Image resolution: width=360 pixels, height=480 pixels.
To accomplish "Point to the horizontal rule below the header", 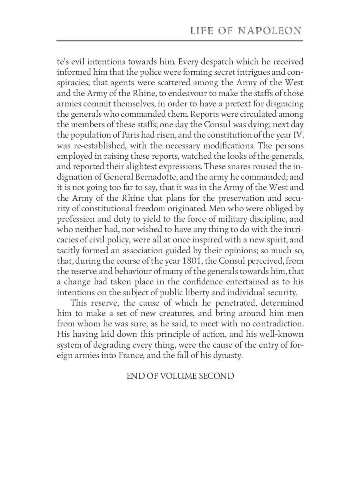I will (180, 41).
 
